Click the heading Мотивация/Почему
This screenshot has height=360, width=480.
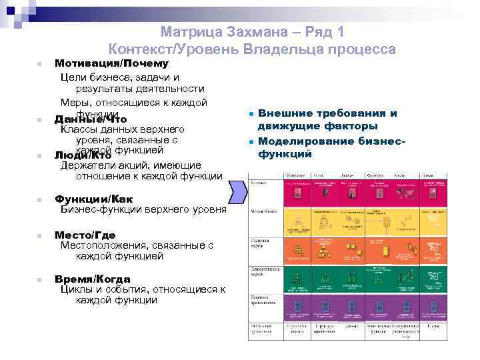[111, 64]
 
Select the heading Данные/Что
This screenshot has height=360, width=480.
[91, 119]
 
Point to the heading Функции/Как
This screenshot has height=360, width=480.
[93, 199]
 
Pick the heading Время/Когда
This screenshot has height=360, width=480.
[92, 279]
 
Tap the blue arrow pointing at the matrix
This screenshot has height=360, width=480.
[238, 194]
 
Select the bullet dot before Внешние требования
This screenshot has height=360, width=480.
[248, 114]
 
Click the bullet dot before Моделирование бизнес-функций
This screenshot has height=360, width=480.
[248, 142]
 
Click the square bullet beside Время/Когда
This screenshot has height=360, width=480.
[40, 280]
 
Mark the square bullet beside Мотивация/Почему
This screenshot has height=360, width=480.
[40, 65]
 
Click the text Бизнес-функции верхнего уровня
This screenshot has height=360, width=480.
[143, 209]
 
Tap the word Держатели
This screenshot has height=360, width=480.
[85, 165]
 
